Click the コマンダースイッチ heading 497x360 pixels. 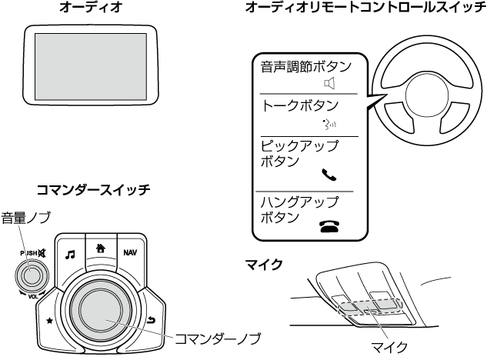pos(93,188)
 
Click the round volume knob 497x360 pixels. pos(32,272)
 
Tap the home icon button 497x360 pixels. pos(100,248)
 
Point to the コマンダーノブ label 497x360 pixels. pos(218,338)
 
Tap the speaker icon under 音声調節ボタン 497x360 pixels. pos(331,82)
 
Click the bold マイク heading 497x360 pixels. pos(263,265)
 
